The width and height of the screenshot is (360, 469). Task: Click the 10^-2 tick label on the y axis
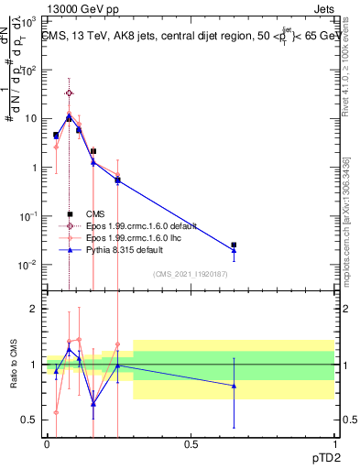coord(29,266)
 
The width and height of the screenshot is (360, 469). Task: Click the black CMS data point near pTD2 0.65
coord(234,245)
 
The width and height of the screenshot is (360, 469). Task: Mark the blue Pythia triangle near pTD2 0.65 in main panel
coord(234,251)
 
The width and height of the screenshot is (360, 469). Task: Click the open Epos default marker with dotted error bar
coord(69,93)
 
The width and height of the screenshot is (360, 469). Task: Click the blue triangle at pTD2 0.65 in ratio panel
coord(234,386)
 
